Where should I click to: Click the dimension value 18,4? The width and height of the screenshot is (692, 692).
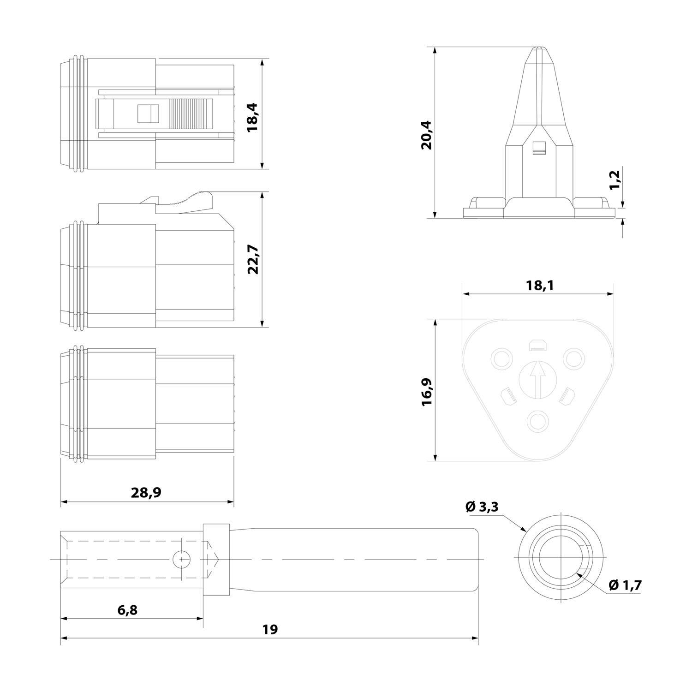(x=253, y=118)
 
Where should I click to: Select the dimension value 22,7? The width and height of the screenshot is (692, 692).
(x=253, y=260)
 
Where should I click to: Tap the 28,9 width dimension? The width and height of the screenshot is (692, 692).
(x=146, y=492)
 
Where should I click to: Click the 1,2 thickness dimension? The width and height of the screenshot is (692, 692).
(x=614, y=179)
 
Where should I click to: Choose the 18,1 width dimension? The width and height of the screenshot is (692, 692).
(x=539, y=286)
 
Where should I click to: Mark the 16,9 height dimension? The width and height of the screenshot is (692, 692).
(x=427, y=391)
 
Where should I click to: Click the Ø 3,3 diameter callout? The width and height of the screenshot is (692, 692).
(x=482, y=507)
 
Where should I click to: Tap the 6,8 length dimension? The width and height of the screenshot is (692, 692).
(x=127, y=610)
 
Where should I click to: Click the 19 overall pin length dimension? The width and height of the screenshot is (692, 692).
(x=270, y=629)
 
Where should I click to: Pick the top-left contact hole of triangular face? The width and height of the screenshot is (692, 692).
(x=501, y=358)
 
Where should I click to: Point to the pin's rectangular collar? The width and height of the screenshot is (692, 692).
(x=216, y=560)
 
